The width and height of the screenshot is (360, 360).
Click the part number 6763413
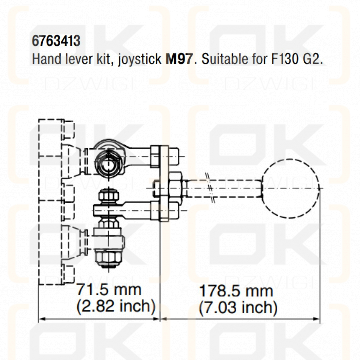(56, 41)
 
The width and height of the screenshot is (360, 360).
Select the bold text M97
(179, 59)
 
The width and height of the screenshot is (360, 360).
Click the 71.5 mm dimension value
(109, 289)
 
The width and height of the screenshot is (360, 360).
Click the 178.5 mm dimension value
(236, 291)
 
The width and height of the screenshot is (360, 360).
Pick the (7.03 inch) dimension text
(238, 308)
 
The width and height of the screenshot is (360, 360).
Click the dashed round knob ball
(290, 188)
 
